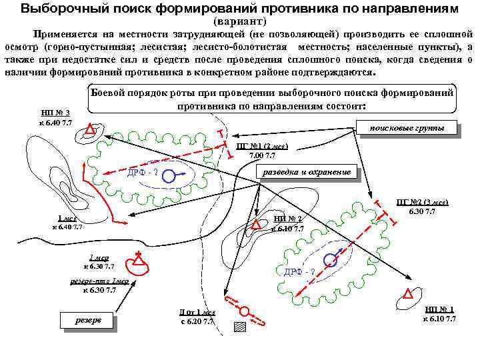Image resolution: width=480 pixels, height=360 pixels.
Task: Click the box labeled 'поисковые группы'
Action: [407, 128]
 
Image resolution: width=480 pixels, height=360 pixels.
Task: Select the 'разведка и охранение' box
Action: [307, 171]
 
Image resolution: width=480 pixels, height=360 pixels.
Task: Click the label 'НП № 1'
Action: [439, 309]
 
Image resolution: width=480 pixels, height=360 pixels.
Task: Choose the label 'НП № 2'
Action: [288, 219]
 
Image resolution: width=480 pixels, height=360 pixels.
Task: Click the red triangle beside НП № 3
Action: [89, 129]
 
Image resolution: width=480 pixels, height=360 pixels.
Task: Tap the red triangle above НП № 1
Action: [408, 294]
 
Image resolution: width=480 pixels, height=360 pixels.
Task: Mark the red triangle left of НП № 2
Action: [255, 225]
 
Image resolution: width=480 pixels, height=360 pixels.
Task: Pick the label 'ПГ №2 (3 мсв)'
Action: [422, 201]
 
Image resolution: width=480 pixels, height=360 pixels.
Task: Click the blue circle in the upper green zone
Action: [170, 176]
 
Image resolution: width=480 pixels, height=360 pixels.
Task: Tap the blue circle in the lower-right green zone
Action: [329, 259]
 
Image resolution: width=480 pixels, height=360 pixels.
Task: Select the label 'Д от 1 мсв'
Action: [197, 313]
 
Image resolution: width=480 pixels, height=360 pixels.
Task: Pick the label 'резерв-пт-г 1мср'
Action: [99, 281]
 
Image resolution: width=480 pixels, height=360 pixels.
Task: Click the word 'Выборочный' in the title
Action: [59, 9]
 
